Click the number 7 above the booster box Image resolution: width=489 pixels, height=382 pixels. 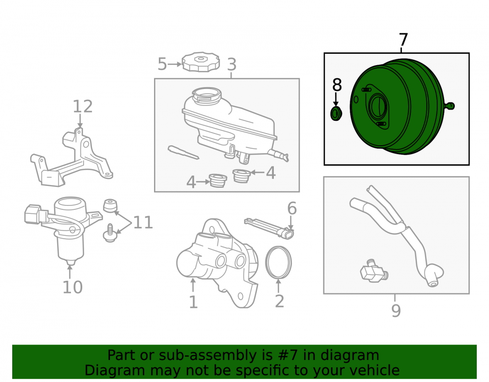[403, 40]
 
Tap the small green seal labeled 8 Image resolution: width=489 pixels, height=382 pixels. [336, 113]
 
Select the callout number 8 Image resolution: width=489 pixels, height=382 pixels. [337, 85]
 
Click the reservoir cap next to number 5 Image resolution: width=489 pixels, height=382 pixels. [200, 62]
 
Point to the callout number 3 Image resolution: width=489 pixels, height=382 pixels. [231, 64]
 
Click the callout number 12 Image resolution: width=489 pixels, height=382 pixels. [83, 106]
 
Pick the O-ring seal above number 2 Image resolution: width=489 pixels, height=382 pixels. [279, 262]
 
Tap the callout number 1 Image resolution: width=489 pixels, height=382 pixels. [193, 302]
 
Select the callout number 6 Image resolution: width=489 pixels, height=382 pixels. [292, 208]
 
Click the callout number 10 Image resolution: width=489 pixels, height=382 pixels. [73, 287]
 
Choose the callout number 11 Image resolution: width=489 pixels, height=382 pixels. [143, 223]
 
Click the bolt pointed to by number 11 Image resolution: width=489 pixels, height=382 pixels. [110, 233]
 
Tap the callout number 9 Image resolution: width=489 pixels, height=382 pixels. [396, 310]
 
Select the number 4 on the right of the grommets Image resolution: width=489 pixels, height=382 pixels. [271, 173]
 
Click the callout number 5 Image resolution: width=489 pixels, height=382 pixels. [162, 64]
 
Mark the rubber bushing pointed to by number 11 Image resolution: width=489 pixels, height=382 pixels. [110, 206]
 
